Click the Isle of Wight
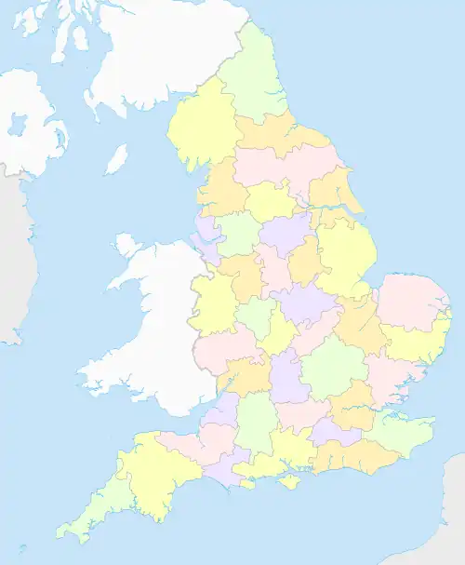pyautogui.click(x=290, y=481)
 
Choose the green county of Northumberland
pyautogui.click(x=253, y=79)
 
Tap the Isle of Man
pyautogui.click(x=115, y=159)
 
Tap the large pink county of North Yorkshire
pyautogui.click(x=284, y=168)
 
